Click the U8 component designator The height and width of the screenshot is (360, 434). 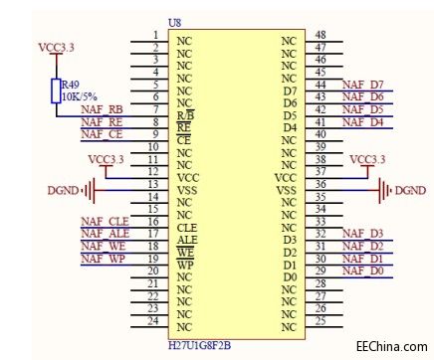(x=176, y=22)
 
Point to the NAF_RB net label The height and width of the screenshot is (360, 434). (x=102, y=110)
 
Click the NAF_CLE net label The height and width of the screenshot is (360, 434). (x=105, y=221)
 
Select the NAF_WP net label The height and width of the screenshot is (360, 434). (x=103, y=259)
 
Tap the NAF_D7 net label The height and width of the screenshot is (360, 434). (x=362, y=86)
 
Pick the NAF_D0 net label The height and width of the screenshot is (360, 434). (x=362, y=270)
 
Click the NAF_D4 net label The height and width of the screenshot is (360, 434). (x=362, y=122)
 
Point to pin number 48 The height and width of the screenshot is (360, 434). (x=321, y=35)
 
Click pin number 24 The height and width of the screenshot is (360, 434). (x=152, y=320)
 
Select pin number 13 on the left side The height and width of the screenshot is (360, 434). (x=152, y=184)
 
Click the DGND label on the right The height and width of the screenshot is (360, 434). (x=409, y=190)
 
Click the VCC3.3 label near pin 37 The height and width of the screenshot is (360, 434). (x=368, y=159)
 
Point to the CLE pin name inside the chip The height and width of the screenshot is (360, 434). (x=186, y=227)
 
